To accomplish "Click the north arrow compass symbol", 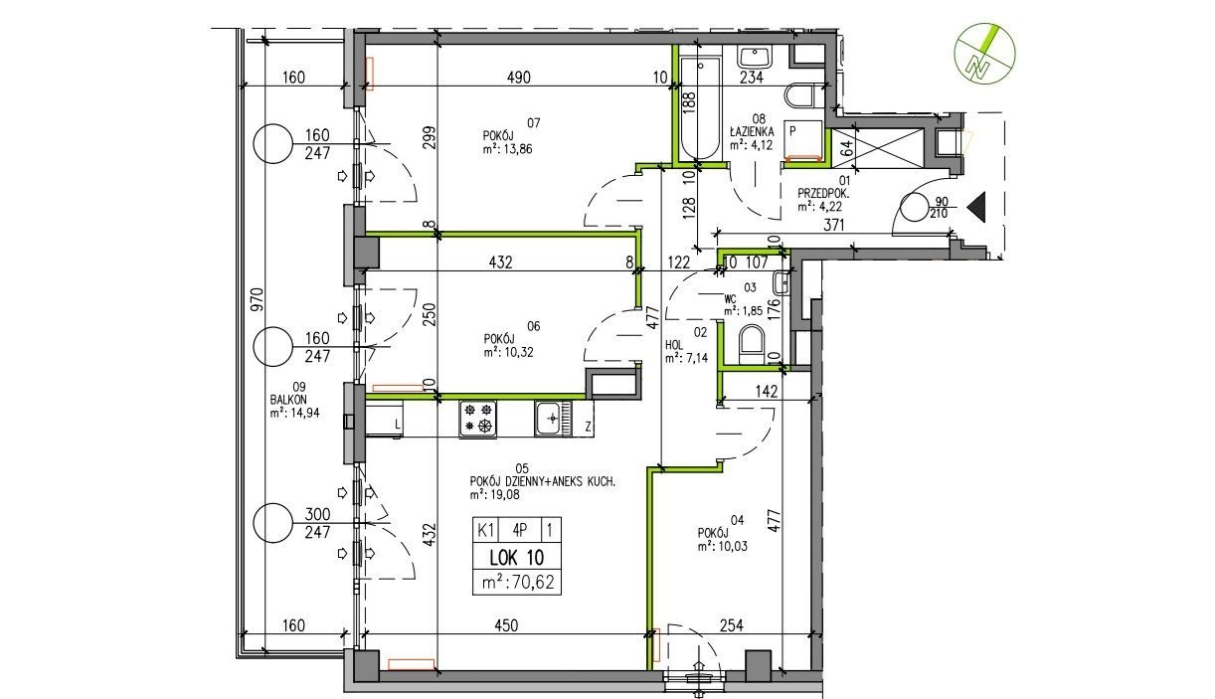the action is pos(985,54).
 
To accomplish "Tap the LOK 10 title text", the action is pos(516,558).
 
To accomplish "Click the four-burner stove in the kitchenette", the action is pos(478,418).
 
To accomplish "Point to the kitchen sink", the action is pos(553,418).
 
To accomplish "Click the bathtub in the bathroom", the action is pos(700,108).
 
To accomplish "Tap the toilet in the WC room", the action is pos(752,344).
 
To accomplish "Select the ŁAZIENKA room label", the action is pos(752,132).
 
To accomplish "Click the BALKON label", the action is pos(288,400).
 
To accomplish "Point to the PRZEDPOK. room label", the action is pos(823,194).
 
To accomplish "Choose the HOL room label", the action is pos(674,345).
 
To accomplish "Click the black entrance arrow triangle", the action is pos(976,207).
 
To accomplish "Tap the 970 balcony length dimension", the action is pos(257,299).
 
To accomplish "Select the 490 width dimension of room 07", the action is pos(519,78).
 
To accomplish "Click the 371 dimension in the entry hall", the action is pos(833,225).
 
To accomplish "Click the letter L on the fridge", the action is pos(397,426).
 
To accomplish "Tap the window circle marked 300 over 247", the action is pos(272,523).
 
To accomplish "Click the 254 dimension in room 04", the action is pos(731,625).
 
